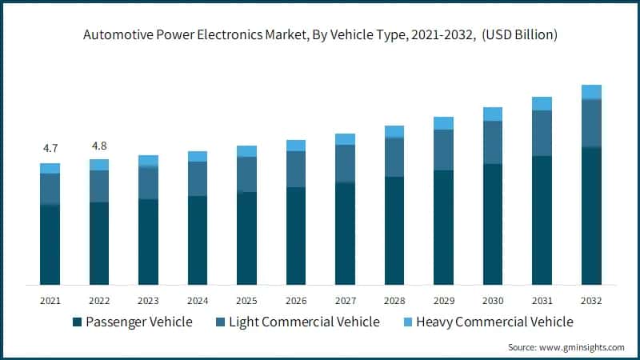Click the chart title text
coord(319,35)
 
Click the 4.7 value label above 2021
coord(50,148)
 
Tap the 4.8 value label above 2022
coord(99,146)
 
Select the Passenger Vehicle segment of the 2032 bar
coord(591,216)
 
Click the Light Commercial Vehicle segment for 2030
coord(493,142)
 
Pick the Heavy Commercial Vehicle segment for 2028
coord(394,131)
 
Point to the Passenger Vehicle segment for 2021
coord(50,245)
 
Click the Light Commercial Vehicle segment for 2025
coord(247,174)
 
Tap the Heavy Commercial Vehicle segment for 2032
coord(591,92)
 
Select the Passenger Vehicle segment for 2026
coord(296,236)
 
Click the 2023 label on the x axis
coord(148,301)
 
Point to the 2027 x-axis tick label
coord(345,301)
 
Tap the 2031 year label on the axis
coord(542,301)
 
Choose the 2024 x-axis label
coord(198,301)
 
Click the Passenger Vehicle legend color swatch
coord(77,322)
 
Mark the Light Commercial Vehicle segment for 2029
coord(443,150)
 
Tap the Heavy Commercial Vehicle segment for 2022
coord(99,165)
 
